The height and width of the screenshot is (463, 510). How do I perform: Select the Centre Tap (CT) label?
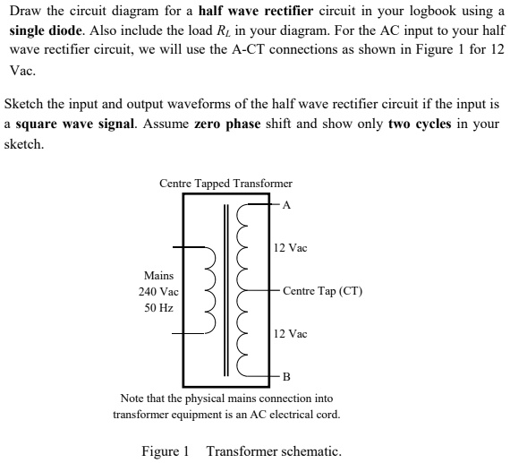tap(322, 291)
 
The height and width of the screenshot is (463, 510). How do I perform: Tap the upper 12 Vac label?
tap(290, 248)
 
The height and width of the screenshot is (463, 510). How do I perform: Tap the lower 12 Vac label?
tap(290, 334)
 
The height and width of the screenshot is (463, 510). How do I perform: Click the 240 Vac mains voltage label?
tap(158, 292)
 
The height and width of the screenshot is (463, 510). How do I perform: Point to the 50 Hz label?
tap(158, 308)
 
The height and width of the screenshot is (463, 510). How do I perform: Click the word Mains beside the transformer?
tap(158, 276)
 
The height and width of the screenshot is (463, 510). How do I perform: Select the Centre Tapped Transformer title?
tap(225, 184)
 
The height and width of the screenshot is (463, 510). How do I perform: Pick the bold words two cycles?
tap(421, 123)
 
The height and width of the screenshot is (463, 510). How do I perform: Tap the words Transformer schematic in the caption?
tap(274, 450)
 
